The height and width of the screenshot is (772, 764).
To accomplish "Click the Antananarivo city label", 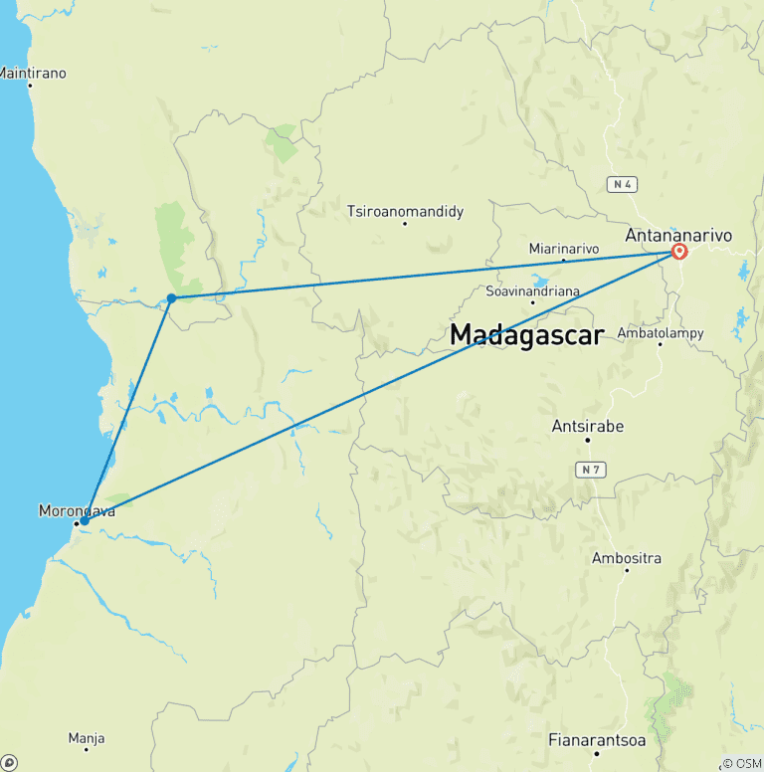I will tap(678, 236).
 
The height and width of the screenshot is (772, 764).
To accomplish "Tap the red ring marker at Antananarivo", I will tap(680, 252).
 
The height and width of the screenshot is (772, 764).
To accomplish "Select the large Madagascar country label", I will tap(526, 335).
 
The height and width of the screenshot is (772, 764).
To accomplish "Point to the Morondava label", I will tap(77, 511).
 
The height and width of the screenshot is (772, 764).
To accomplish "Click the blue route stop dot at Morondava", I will tap(85, 520).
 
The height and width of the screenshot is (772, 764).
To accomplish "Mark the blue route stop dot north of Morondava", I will tap(172, 297).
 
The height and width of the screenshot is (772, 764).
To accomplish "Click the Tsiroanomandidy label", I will tap(405, 211).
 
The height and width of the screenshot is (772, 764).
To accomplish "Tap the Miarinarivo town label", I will tap(563, 248).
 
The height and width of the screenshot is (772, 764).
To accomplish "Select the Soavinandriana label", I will tap(532, 290).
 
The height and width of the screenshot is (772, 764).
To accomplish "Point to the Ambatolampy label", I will tap(660, 332).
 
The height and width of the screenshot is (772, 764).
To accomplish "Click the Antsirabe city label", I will tap(587, 426).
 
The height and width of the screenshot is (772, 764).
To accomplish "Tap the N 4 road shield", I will tap(621, 184).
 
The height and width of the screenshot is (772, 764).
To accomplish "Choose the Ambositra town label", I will tap(627, 558).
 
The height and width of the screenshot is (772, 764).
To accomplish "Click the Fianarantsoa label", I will tap(597, 740).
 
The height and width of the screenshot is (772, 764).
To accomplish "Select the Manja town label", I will tap(87, 738).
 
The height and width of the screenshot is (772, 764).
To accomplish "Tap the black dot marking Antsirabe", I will tap(587, 440).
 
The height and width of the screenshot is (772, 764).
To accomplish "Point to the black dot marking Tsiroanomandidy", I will tap(405, 223).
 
